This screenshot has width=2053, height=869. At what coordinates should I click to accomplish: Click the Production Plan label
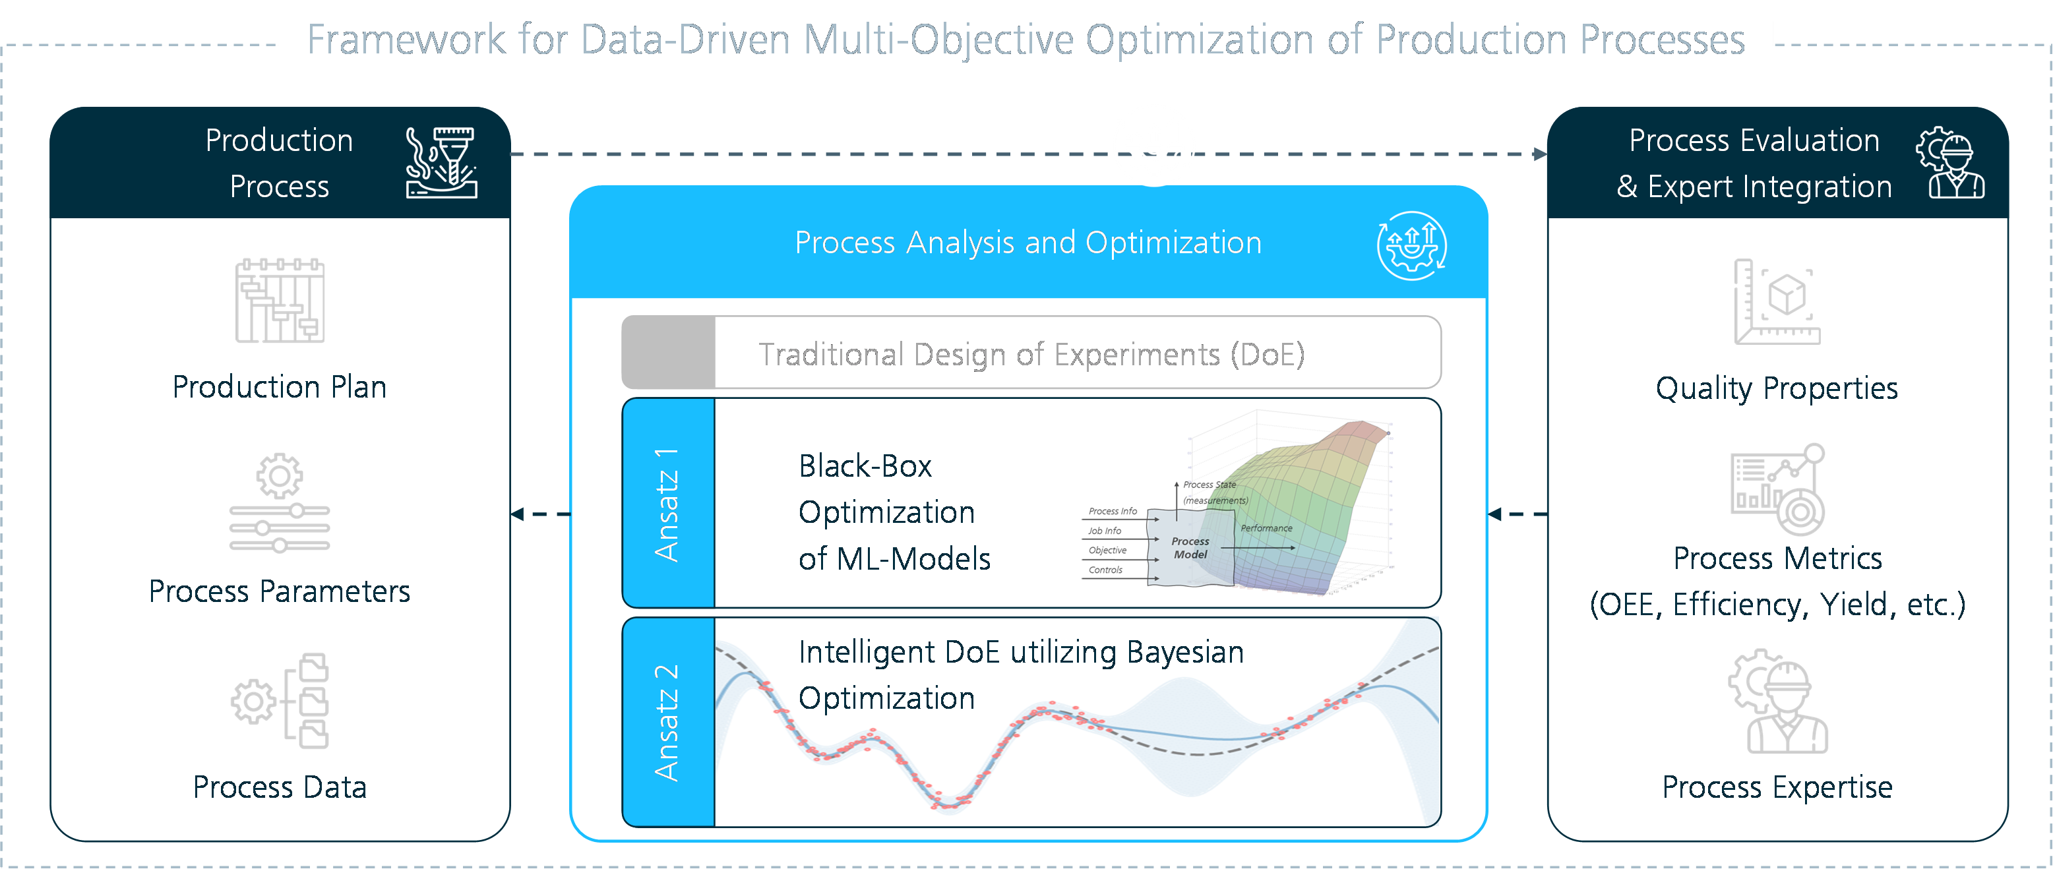[280, 387]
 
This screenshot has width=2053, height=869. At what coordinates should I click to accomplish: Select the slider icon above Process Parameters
[280, 502]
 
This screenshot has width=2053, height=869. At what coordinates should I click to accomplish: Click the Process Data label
[280, 787]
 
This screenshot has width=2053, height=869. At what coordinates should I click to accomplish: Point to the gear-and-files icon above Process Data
[280, 701]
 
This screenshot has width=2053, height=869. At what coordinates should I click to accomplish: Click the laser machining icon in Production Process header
[441, 162]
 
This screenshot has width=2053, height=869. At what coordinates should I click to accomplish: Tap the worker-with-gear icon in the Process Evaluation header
[1950, 162]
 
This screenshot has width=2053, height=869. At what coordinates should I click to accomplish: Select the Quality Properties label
[1777, 389]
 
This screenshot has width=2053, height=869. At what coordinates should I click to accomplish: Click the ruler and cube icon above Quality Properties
[1777, 302]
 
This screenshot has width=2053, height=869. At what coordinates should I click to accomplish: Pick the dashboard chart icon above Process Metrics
[1777, 489]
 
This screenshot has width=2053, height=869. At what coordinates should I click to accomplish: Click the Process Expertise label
[1777, 787]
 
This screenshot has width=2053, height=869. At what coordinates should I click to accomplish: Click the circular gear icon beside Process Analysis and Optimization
[1412, 245]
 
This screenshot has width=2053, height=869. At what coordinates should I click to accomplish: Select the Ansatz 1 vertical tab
[668, 503]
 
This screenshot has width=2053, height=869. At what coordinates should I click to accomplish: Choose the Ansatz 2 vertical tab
[668, 723]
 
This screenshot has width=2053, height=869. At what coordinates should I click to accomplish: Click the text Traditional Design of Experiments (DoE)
[1031, 355]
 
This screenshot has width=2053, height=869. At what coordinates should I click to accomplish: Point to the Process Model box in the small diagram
[1190, 548]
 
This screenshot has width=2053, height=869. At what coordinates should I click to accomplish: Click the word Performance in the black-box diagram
[1266, 528]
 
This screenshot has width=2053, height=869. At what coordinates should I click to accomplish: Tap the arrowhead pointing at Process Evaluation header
[1540, 154]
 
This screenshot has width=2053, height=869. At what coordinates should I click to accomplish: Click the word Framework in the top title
[406, 40]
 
